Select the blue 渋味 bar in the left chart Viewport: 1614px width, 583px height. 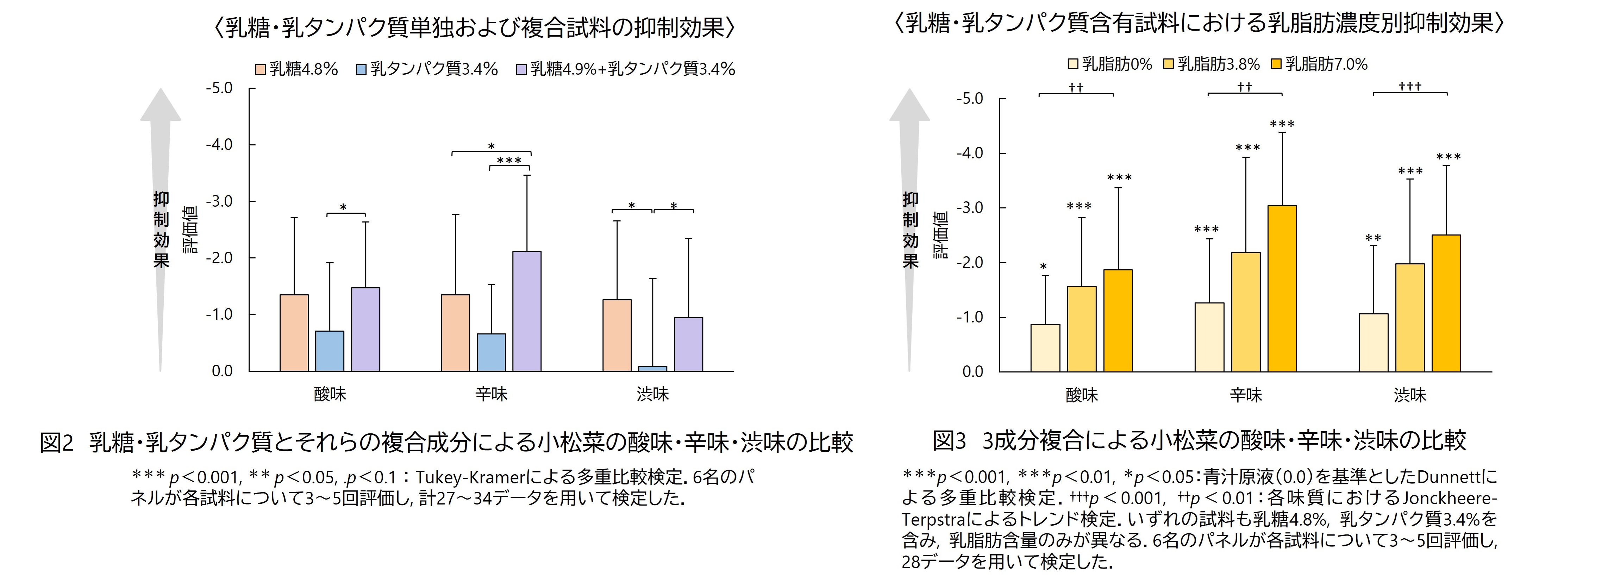[x=652, y=368]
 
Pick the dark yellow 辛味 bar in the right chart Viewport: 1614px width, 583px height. [x=1282, y=288]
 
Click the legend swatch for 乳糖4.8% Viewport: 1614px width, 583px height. [x=260, y=69]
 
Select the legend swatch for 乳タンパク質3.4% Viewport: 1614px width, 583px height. [x=361, y=69]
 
